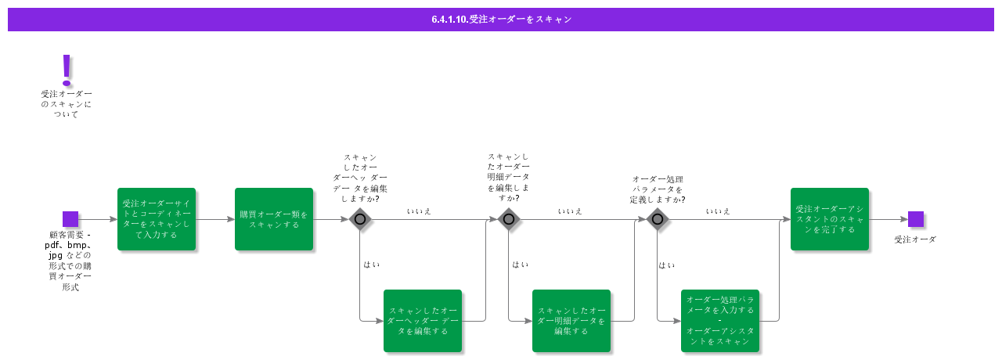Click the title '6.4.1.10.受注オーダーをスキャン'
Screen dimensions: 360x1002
[x=501, y=20]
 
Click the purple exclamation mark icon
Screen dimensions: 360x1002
[x=67, y=70]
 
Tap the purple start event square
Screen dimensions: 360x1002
[x=70, y=219]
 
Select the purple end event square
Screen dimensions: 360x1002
[x=916, y=219]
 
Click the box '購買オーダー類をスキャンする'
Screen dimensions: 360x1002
[x=274, y=219]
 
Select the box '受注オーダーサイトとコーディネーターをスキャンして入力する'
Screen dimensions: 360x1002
[x=157, y=219]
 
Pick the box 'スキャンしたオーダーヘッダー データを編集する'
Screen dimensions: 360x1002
[x=423, y=321]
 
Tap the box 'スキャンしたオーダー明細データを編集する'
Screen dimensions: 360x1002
[x=571, y=321]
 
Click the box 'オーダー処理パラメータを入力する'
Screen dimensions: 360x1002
[x=720, y=321]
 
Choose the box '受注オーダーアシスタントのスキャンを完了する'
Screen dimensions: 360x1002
[x=830, y=219]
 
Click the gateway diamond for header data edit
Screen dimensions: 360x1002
[x=360, y=219]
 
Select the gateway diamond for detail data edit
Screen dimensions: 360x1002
[x=509, y=219]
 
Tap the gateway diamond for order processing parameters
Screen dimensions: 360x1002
[x=658, y=219]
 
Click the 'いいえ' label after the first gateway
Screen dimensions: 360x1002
[x=419, y=211]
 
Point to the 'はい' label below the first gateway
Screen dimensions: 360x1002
[x=371, y=265]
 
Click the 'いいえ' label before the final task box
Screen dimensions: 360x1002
[x=718, y=211]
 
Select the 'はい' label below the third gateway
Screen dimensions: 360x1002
[x=667, y=265]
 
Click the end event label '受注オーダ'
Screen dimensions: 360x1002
[x=915, y=239]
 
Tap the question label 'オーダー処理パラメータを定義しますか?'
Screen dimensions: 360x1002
[x=658, y=189]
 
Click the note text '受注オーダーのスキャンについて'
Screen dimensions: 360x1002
[x=67, y=104]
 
